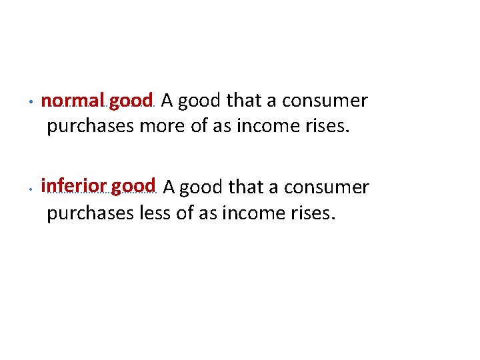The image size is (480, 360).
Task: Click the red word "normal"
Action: pyautogui.click(x=73, y=101)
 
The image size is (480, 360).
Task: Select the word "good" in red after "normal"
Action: pyautogui.click(x=131, y=102)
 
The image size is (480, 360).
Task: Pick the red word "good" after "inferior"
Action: pyautogui.click(x=133, y=186)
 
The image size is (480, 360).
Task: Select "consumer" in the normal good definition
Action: pyautogui.click(x=325, y=101)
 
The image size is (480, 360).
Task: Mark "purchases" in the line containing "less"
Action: pyautogui.click(x=91, y=214)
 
